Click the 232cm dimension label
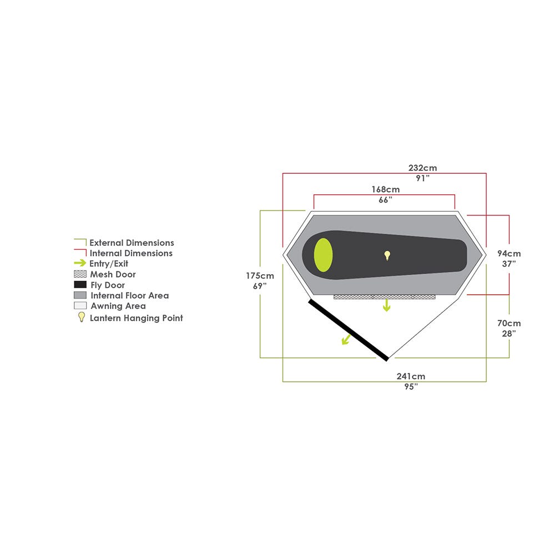(x=422, y=168)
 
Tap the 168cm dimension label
(x=386, y=189)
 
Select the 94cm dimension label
(x=509, y=254)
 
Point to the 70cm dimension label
(x=509, y=323)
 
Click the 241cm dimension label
(x=411, y=376)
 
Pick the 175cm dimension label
(x=260, y=276)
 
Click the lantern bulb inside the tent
(x=387, y=255)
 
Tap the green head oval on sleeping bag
(x=323, y=255)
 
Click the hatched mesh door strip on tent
(x=385, y=297)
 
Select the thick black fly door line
(x=349, y=330)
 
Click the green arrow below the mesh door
(x=386, y=305)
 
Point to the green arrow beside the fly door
(x=346, y=340)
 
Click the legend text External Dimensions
(x=132, y=243)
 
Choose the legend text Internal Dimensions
(x=131, y=253)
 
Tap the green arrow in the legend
(x=80, y=263)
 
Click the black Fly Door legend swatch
(x=80, y=285)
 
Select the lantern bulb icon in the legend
(x=82, y=317)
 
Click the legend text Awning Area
(x=118, y=306)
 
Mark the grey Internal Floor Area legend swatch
(x=80, y=295)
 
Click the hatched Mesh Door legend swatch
(x=80, y=274)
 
